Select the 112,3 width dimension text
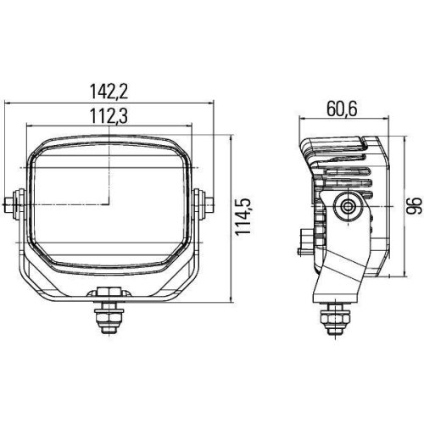[x=111, y=116]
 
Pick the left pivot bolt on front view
[x=14, y=204]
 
